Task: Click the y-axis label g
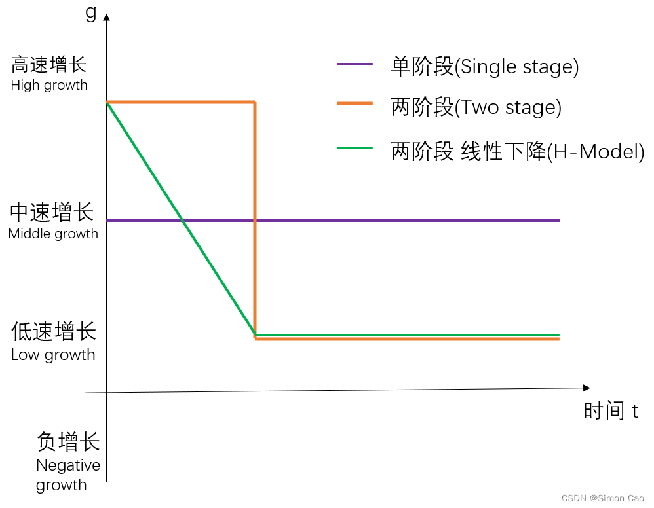click(x=91, y=12)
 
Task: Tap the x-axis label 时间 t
click(x=610, y=410)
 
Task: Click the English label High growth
click(x=49, y=85)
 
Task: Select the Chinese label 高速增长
click(x=49, y=65)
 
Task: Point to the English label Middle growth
click(x=53, y=234)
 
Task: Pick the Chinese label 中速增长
click(x=52, y=213)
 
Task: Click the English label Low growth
click(x=53, y=355)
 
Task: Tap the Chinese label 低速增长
click(x=53, y=332)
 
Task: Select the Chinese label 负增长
click(x=68, y=442)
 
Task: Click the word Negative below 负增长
click(x=68, y=465)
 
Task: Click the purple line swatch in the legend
click(x=355, y=64)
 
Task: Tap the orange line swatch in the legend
click(x=355, y=104)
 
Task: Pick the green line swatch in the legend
click(x=355, y=148)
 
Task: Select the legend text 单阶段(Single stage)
click(x=484, y=66)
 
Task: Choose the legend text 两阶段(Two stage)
click(x=476, y=107)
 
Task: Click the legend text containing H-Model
click(x=518, y=151)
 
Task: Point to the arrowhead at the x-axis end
click(x=586, y=388)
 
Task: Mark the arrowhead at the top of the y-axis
click(x=107, y=16)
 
